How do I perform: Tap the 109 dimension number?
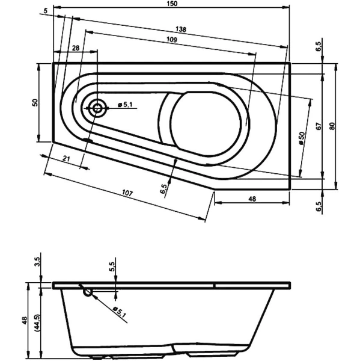pyautogui.click(x=171, y=40)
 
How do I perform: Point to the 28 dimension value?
pyautogui.click(x=75, y=48)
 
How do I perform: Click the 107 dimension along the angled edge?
pyautogui.click(x=126, y=193)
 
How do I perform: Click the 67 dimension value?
pyautogui.click(x=319, y=126)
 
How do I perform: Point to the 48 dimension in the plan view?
pyautogui.click(x=252, y=199)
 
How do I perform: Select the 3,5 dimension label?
pyautogui.click(x=37, y=261)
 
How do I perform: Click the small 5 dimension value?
pyautogui.click(x=46, y=11)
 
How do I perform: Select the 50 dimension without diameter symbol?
pyautogui.click(x=35, y=103)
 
